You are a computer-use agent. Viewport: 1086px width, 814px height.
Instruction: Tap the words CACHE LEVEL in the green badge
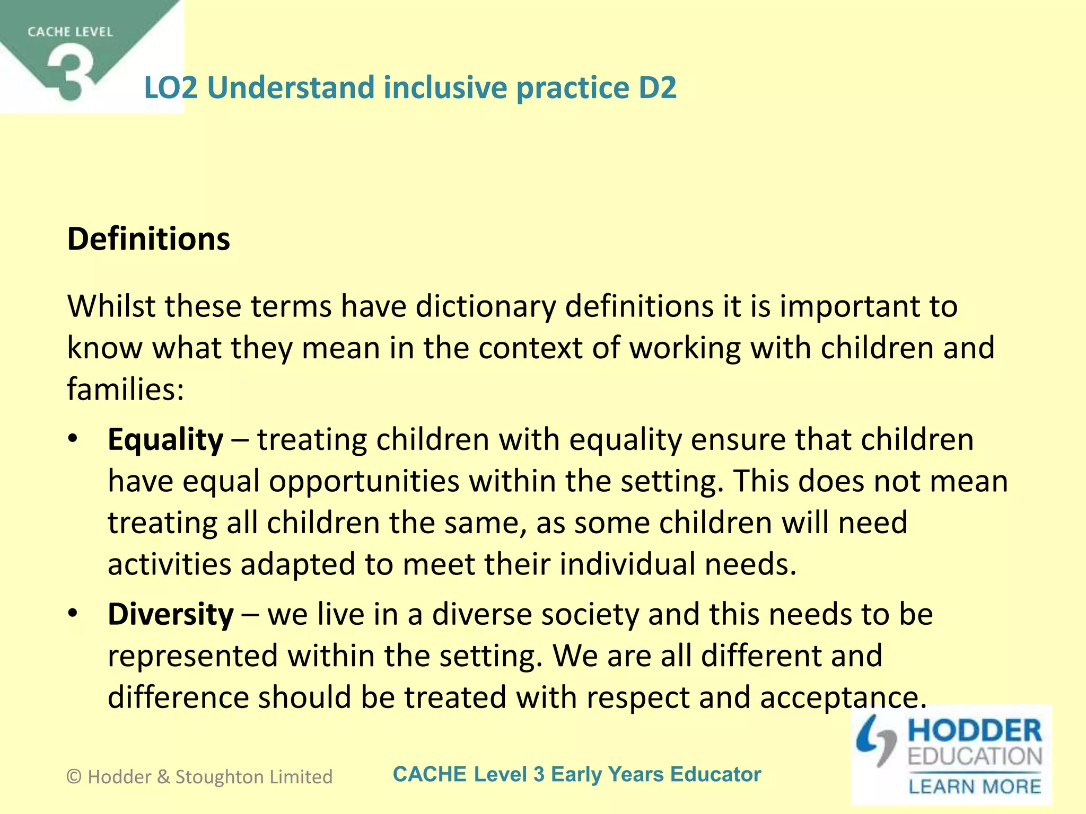pos(70,32)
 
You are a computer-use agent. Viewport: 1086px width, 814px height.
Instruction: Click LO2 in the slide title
pos(171,87)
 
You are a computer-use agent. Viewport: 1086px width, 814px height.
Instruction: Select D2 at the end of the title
pos(657,87)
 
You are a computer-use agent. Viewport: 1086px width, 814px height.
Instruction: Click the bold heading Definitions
pos(148,239)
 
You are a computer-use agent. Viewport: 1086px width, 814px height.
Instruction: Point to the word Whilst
pos(111,306)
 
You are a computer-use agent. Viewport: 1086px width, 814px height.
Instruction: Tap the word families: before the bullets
pos(125,390)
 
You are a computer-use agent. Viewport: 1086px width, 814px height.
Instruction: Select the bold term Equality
pos(165,440)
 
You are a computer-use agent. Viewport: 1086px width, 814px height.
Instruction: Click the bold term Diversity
pos(170,615)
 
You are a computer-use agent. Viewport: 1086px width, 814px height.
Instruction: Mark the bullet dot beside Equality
pos(73,439)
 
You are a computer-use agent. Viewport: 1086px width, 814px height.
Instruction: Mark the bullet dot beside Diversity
pos(73,614)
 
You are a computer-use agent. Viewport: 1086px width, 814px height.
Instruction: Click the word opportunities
pos(364,482)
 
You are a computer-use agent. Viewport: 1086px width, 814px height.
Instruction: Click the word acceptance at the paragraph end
pos(843,698)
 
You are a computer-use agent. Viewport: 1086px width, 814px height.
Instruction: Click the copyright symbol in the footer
pos(74,777)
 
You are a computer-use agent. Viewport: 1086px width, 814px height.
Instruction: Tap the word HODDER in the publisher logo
pos(975,731)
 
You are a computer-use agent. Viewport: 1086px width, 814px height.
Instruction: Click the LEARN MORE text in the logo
pos(975,786)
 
